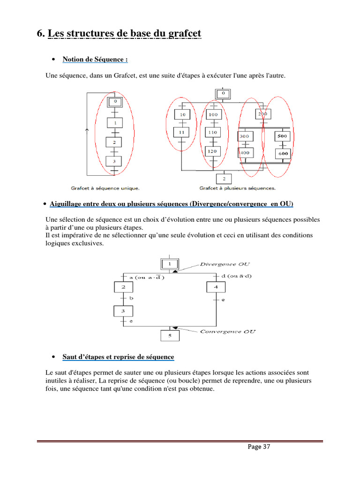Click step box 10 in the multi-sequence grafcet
tap(181, 114)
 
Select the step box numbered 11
tap(181, 133)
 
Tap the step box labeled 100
tap(213, 114)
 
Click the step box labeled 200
tap(262, 114)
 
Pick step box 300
tap(244, 136)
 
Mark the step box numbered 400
tap(244, 153)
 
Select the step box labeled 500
tap(282, 136)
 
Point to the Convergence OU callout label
tap(227, 332)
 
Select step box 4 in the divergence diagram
tap(216, 287)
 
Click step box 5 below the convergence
tap(170, 336)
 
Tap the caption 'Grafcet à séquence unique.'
tap(105, 188)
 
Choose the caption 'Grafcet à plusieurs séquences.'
tap(237, 188)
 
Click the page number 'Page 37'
tap(259, 447)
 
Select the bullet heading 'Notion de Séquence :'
tap(95, 60)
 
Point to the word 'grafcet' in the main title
tap(182, 34)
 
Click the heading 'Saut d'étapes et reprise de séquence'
tap(118, 357)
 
